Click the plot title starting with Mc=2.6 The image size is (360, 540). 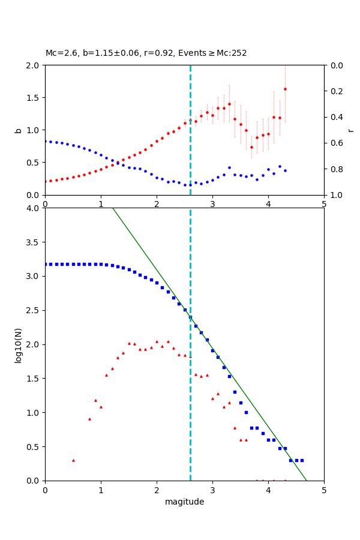tap(146, 53)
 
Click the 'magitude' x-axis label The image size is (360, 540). tap(184, 502)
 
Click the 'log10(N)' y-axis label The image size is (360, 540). tap(18, 344)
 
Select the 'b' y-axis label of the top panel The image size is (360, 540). tap(18, 130)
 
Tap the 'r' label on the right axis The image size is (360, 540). tap(350, 130)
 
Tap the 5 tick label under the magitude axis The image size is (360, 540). tap(324, 490)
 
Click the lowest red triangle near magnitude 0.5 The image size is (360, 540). tap(73, 460)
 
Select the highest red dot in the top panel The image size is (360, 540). tap(285, 89)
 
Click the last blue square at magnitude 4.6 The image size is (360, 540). tap(302, 460)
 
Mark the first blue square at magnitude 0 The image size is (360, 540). tap(45, 264)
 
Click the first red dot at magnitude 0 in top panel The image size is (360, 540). tap(45, 181)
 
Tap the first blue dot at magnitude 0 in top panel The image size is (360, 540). tap(45, 141)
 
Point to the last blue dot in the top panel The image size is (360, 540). tap(285, 170)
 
